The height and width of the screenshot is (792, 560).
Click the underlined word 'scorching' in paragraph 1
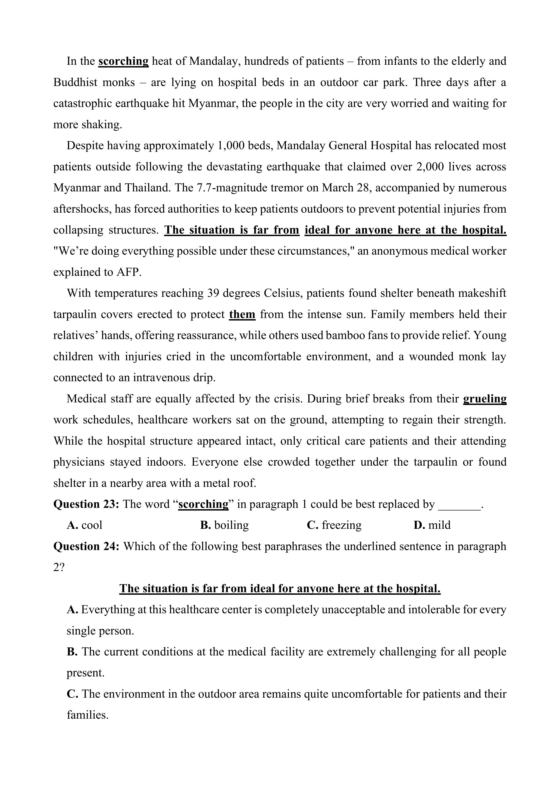(123, 61)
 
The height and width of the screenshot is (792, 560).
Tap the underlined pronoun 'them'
(242, 315)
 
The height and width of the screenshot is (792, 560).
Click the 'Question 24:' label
(86, 546)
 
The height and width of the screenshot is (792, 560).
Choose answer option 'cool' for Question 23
(92, 525)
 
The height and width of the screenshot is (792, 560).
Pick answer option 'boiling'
(231, 525)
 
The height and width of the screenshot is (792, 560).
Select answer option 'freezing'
(342, 525)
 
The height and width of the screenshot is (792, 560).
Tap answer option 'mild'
(439, 525)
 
